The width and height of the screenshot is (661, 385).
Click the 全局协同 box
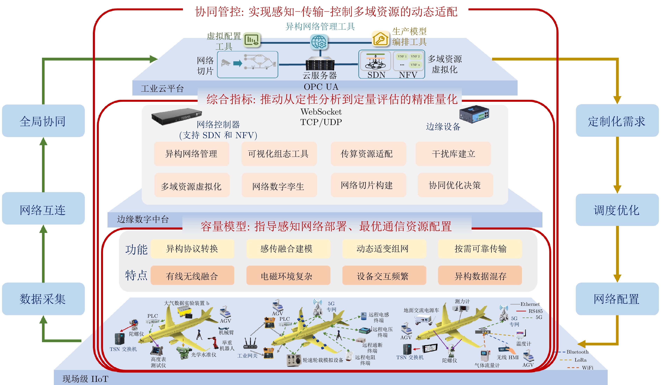point(43,121)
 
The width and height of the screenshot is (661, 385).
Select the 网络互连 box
point(43,208)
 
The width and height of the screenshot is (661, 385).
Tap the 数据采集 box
point(43,299)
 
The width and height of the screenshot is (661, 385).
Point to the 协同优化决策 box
point(455,185)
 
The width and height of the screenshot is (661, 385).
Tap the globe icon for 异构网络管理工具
point(319,42)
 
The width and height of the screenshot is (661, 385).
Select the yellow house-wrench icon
point(380,39)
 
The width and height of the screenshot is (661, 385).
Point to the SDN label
point(376,75)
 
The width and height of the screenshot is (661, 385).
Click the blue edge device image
point(474,114)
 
